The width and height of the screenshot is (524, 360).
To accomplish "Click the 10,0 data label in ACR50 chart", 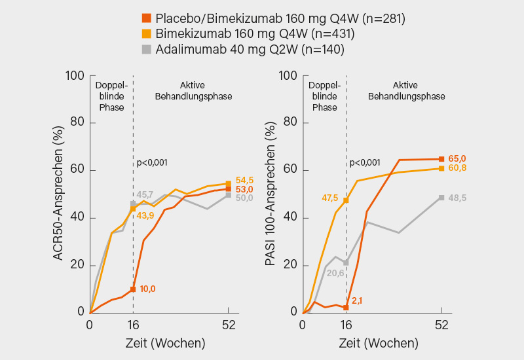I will [147, 289].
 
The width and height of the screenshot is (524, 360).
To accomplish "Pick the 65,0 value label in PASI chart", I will [457, 158].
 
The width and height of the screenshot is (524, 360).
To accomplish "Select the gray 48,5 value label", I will [457, 198].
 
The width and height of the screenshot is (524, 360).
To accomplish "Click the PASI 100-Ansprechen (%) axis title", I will [270, 194].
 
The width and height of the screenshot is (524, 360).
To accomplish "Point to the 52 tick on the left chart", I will [228, 324].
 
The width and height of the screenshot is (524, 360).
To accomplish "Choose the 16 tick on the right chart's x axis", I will [346, 324].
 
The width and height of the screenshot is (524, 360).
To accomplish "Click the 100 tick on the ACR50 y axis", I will [77, 76].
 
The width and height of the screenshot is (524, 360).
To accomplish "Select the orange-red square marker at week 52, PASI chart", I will [441, 159].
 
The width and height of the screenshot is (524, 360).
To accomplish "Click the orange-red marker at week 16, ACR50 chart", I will [133, 289].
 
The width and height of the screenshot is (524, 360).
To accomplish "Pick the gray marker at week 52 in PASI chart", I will [441, 198].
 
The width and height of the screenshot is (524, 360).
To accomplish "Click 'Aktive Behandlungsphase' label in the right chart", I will [407, 91].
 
